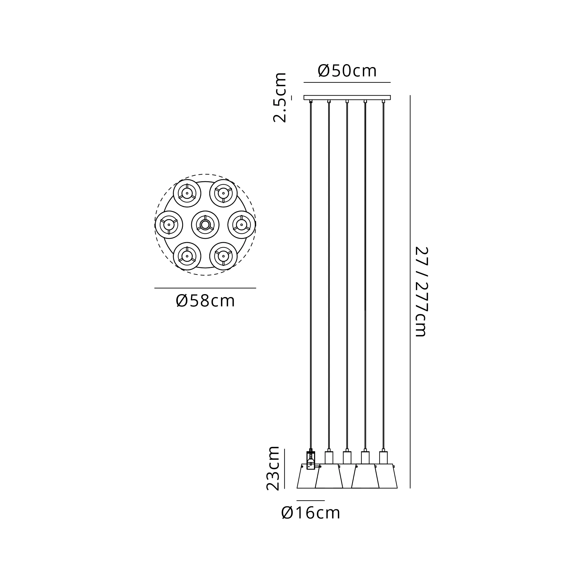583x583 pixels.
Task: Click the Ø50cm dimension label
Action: [347, 71]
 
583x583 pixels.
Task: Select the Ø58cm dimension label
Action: [205, 301]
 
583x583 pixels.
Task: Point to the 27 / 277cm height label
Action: [421, 291]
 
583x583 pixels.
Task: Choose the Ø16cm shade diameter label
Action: [310, 513]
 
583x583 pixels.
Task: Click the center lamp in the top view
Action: [205, 225]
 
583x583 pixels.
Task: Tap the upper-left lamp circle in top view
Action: [187, 194]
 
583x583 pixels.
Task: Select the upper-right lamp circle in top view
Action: [223, 194]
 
